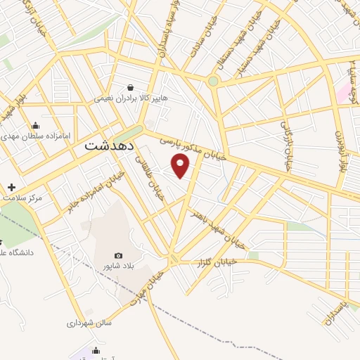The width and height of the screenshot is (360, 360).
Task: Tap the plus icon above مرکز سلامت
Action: click(x=11, y=187)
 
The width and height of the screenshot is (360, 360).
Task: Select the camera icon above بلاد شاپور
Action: click(x=118, y=255)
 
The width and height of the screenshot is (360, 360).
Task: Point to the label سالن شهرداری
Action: click(x=89, y=324)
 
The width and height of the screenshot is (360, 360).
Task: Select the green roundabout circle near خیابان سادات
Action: click(x=213, y=81)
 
